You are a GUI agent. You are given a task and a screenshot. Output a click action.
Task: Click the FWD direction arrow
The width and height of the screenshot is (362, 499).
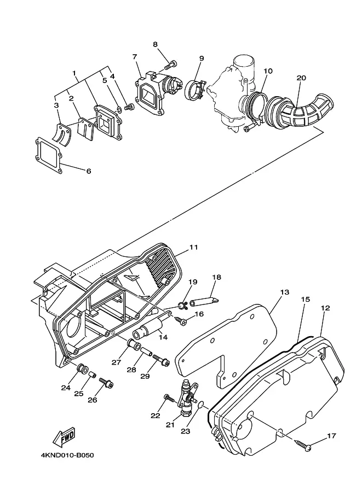click(64, 437)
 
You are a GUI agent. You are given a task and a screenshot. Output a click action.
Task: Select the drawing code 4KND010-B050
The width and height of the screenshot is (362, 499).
click(67, 455)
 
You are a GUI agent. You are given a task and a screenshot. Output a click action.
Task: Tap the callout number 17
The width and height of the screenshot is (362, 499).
click(332, 436)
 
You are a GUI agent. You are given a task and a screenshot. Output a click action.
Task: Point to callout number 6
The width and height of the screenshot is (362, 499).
click(88, 171)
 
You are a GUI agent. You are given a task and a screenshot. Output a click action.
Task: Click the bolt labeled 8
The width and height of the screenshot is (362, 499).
click(170, 65)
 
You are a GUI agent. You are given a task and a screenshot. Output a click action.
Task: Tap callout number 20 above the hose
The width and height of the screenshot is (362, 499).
click(301, 78)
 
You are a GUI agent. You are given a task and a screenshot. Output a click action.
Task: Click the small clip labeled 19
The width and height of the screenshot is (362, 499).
click(183, 306)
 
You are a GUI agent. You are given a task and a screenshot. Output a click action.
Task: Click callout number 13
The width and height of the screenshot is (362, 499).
click(284, 292)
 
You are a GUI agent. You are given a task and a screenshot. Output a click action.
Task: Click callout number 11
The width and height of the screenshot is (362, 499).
click(194, 247)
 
